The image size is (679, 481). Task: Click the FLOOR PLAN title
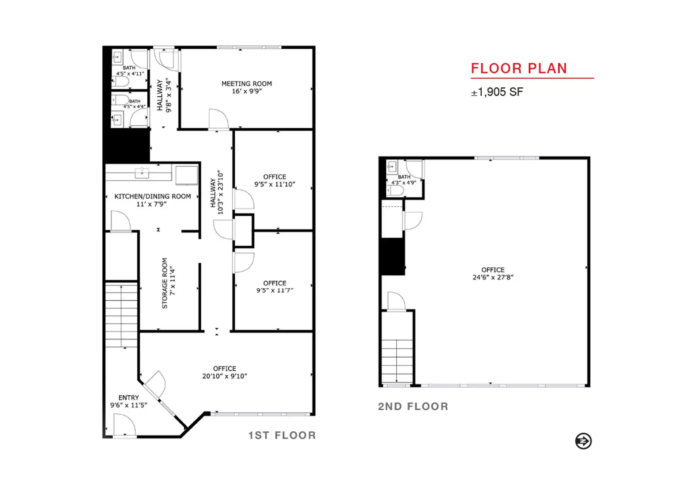[x=519, y=68]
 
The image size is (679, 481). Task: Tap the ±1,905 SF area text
[x=497, y=92]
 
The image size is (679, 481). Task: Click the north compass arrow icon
[x=583, y=441]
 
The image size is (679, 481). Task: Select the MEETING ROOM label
[x=247, y=83]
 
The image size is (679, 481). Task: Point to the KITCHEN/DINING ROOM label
[x=152, y=196]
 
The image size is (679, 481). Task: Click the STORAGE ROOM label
[x=165, y=283]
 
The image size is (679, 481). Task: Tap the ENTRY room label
[x=129, y=397]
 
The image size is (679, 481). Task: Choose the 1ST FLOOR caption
[x=282, y=435]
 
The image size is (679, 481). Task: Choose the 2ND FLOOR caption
[x=413, y=406]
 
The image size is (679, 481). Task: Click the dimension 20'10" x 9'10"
[x=224, y=376]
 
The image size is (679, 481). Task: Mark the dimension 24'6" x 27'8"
[x=493, y=277]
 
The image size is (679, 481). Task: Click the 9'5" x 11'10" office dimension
[x=275, y=184]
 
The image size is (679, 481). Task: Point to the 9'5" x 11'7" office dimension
[x=275, y=290]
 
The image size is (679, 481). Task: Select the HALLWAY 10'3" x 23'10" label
[x=217, y=192]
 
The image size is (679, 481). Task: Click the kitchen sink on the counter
[x=142, y=172]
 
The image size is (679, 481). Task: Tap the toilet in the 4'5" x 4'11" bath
[x=121, y=81]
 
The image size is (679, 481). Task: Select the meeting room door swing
[x=218, y=118]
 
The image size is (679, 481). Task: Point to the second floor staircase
[x=397, y=361]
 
